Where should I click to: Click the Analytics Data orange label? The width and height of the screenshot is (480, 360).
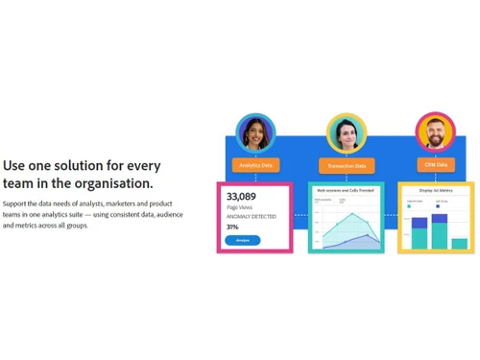(x=255, y=165)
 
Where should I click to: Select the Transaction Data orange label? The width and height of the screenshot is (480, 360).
(x=346, y=165)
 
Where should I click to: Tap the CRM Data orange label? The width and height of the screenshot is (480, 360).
(x=435, y=165)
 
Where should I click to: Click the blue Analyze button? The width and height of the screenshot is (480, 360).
(x=243, y=240)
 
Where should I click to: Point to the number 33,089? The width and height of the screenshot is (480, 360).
(x=241, y=196)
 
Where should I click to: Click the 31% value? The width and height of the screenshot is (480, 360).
(x=232, y=226)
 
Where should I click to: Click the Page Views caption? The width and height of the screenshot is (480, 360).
(x=237, y=207)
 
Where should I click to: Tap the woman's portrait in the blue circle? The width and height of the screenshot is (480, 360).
(x=255, y=132)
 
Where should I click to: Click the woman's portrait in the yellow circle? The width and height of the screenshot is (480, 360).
(x=346, y=132)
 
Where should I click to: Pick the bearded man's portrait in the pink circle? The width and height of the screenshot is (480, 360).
(x=435, y=132)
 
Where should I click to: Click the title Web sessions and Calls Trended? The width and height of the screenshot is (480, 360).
(x=344, y=190)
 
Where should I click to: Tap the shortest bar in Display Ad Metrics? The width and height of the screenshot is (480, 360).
(x=460, y=243)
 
